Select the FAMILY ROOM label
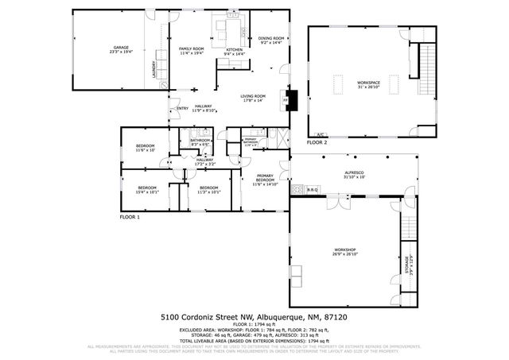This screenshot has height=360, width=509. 191,50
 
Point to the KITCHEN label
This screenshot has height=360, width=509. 234,51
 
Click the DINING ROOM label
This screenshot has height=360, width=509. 271,39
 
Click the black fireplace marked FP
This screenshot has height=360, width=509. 292,99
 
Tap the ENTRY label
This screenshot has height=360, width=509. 182,108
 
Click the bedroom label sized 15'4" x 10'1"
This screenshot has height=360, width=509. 146,189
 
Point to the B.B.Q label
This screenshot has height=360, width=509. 312,189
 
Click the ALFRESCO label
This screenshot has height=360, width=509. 354,174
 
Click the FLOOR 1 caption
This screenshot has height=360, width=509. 130,217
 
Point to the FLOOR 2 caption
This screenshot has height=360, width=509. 317,143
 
